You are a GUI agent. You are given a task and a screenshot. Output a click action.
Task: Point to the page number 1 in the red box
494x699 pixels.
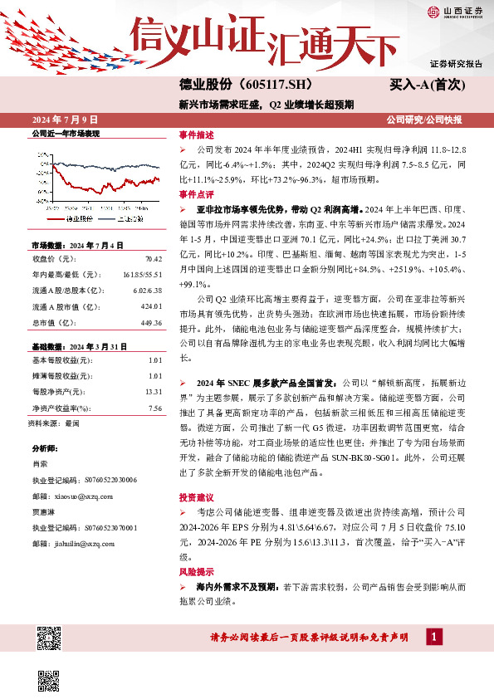point(433,637)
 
